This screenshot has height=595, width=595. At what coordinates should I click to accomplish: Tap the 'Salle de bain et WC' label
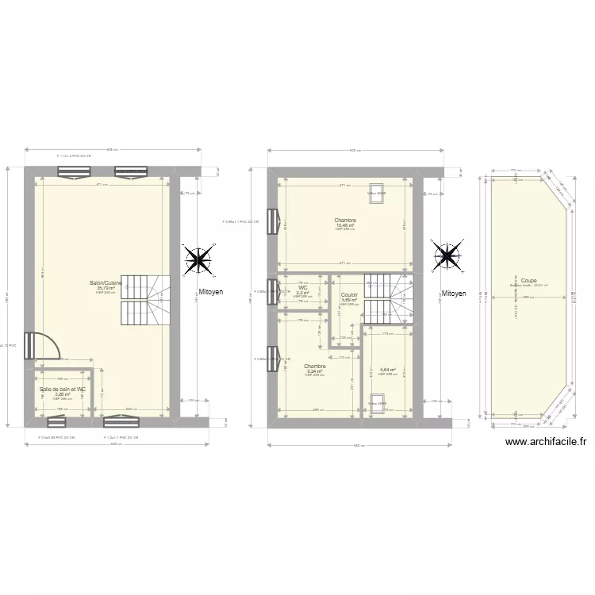click(x=63, y=390)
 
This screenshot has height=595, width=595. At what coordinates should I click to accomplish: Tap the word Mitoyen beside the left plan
click(x=211, y=292)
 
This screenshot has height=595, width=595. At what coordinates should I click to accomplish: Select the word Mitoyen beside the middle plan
click(x=454, y=293)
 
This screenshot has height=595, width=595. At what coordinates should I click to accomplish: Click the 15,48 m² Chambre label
click(x=345, y=221)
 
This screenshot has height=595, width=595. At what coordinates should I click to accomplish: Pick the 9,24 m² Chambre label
click(x=315, y=367)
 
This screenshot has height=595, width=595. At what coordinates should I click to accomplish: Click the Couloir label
click(x=349, y=295)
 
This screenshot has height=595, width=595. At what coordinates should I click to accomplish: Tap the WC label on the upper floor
click(x=302, y=288)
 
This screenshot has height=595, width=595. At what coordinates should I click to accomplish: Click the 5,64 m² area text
click(x=387, y=370)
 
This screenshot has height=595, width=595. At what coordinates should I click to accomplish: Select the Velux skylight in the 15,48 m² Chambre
click(x=376, y=194)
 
